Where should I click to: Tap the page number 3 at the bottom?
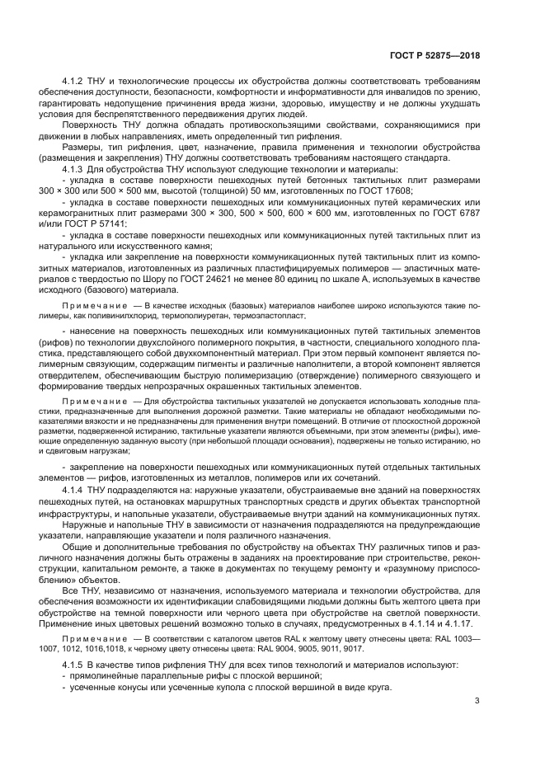(477, 703)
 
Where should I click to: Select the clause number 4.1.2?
(75, 82)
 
